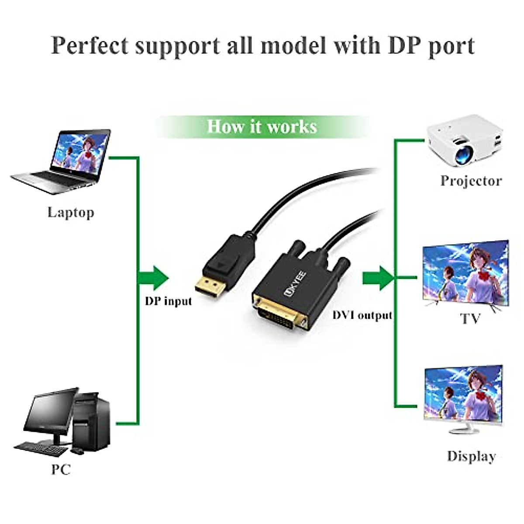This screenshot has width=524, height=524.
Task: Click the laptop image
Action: click(x=61, y=162)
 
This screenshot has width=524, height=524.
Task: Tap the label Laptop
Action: click(x=71, y=213)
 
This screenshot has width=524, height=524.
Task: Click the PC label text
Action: click(x=61, y=469)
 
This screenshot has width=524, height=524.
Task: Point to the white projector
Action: click(x=465, y=140)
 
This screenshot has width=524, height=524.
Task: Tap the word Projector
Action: click(x=471, y=181)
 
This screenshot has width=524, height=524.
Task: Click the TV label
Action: click(x=470, y=318)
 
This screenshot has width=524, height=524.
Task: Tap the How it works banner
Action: click(x=262, y=127)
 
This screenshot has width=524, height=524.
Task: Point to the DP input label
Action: click(x=168, y=301)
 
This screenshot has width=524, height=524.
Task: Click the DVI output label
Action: click(x=362, y=315)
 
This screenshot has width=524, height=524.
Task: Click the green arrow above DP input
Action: click(x=154, y=278)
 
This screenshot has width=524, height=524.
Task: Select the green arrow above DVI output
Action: click(x=378, y=278)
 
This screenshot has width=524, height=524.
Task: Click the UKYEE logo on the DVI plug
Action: click(x=295, y=284)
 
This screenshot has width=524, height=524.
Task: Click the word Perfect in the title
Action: click(x=90, y=45)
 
